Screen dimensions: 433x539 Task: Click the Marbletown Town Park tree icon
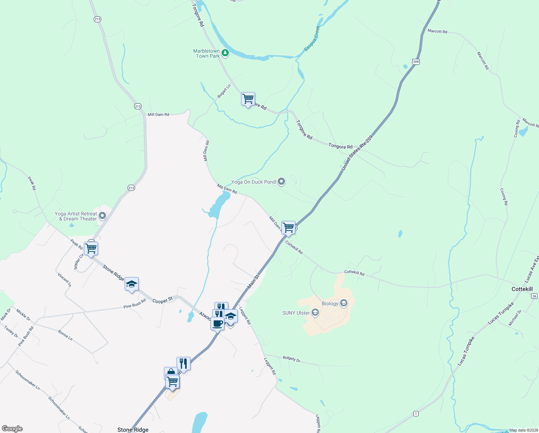(x=225, y=53)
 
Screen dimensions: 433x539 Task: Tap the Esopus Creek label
(x=312, y=38)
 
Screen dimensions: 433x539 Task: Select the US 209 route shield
(x=416, y=62)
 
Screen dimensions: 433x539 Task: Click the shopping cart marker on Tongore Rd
(x=248, y=99)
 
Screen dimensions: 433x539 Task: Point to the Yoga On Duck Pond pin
(x=281, y=182)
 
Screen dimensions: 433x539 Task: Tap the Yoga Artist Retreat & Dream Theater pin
(x=102, y=216)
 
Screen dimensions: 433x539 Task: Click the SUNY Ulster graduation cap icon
(x=315, y=312)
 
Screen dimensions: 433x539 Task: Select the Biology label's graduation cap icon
(x=344, y=303)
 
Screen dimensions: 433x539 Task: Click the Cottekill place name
(x=522, y=289)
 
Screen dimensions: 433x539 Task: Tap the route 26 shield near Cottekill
(x=534, y=296)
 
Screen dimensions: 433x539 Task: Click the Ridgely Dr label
(x=291, y=359)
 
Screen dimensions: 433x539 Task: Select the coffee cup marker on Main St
(x=217, y=324)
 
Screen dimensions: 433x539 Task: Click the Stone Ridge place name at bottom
(x=133, y=430)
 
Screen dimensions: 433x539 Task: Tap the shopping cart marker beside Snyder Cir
(x=91, y=249)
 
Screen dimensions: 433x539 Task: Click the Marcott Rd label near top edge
(x=437, y=31)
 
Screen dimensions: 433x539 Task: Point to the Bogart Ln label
(x=223, y=91)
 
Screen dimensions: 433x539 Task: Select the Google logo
(x=12, y=429)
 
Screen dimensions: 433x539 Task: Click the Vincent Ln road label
(x=64, y=280)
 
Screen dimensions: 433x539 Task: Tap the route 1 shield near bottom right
(x=416, y=414)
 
